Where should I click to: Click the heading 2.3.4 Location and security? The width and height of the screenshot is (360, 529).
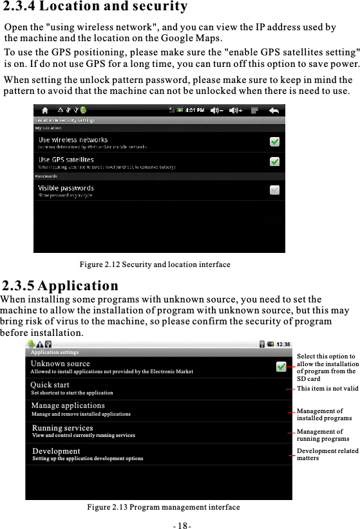pos(95,8)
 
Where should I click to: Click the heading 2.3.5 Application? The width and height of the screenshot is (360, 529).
pos(61,286)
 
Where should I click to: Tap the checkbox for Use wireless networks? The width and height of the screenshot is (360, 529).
pos(274,142)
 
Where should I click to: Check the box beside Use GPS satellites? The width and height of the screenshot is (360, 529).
pos(274,162)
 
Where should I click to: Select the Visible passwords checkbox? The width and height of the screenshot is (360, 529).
pos(274,190)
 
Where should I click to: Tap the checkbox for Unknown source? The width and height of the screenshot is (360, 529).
pos(281,367)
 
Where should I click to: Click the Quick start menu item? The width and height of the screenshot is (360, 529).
pos(50,385)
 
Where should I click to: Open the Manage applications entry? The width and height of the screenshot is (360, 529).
pos(68,406)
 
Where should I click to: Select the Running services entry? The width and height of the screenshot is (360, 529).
pos(62,428)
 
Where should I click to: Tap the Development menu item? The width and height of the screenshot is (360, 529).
pos(56,452)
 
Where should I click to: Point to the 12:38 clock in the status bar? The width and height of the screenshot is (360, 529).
pos(284,344)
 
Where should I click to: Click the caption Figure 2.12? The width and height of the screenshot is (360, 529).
pos(155,264)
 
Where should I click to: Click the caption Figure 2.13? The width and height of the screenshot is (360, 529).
pos(163,507)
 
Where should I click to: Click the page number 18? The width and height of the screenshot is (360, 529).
pos(181,524)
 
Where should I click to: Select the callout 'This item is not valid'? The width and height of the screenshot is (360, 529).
pos(328,389)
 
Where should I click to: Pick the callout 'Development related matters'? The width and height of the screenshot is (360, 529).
pos(327,454)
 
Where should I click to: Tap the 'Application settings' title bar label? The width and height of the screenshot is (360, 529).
pos(55,353)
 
